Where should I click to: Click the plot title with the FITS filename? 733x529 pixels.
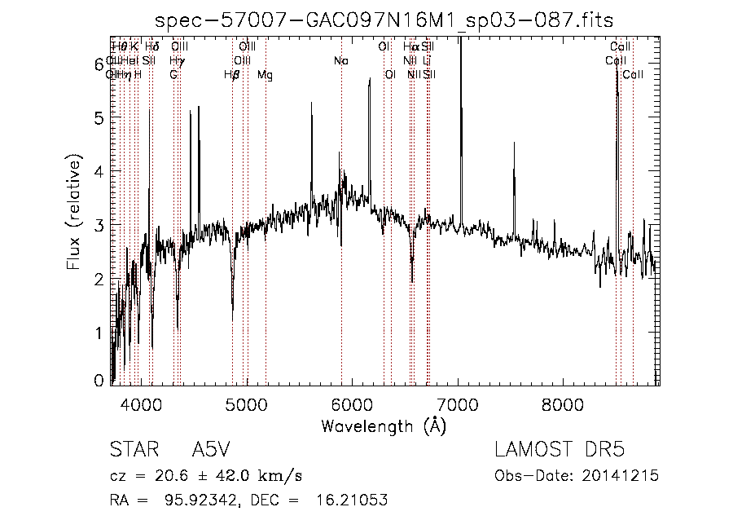click(384, 20)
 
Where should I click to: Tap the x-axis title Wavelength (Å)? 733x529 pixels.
click(384, 425)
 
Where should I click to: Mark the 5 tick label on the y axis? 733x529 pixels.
click(99, 117)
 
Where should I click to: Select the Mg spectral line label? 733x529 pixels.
click(265, 75)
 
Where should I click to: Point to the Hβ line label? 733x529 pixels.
click(232, 75)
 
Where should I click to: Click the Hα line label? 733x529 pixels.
click(410, 47)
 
